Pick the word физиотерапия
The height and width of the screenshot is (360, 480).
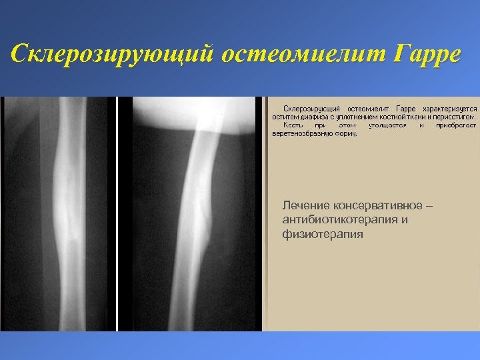click(x=323, y=235)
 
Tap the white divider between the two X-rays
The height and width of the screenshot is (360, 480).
click(x=117, y=213)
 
